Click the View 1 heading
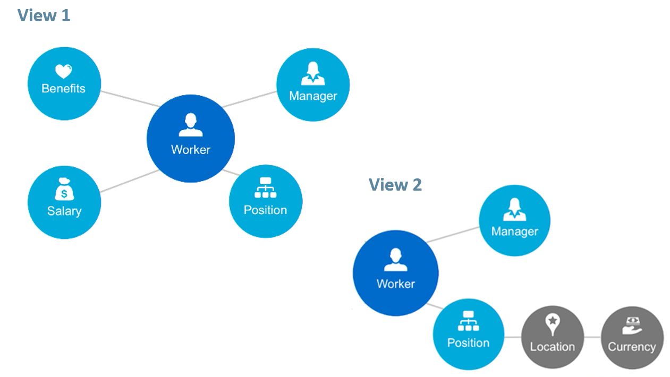[44, 15]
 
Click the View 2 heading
[395, 185]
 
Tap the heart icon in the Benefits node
[63, 71]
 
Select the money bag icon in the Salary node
[64, 190]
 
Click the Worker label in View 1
[190, 150]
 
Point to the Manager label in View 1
[313, 96]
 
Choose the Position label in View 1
[265, 210]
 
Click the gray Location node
[552, 337]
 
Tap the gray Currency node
[632, 337]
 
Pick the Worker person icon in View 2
[395, 260]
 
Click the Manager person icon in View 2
[514, 210]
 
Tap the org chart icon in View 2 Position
[468, 321]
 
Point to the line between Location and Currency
[592, 337]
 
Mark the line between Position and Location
[512, 337]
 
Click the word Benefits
[63, 89]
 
